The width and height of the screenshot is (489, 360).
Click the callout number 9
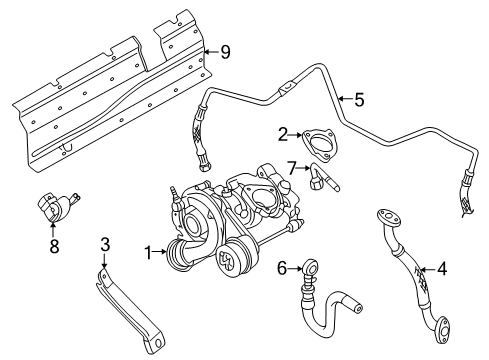tap(225, 52)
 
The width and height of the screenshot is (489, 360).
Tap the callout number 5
tap(359, 100)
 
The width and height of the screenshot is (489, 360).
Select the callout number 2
tap(283, 135)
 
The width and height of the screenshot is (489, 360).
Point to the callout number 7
tap(292, 168)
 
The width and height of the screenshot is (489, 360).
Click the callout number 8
tap(54, 246)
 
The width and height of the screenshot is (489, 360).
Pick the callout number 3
tap(105, 244)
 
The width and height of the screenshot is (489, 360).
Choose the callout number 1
tap(148, 253)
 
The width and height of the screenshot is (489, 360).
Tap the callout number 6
tap(282, 268)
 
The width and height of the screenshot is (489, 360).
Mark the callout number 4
tap(442, 269)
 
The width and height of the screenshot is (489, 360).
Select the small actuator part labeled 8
tap(57, 207)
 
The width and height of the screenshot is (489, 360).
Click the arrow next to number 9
tap(211, 52)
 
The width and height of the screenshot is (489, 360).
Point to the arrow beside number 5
tap(345, 99)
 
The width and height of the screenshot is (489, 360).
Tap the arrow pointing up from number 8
tap(53, 230)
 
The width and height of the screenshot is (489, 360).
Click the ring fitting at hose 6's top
tap(311, 267)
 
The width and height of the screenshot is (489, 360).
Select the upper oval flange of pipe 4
tap(388, 217)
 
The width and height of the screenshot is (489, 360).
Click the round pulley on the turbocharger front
tap(229, 261)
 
